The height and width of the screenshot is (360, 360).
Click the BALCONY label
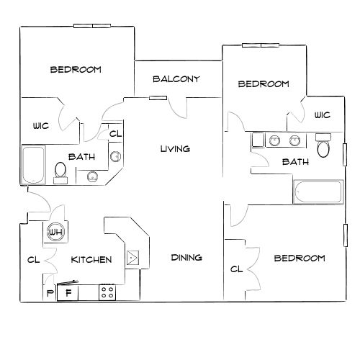(x=176, y=79)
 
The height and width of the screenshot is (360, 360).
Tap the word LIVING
(x=175, y=149)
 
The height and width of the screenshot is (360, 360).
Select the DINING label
(x=186, y=258)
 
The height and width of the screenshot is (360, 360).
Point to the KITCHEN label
(x=91, y=259)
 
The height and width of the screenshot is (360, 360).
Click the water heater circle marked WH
(x=55, y=232)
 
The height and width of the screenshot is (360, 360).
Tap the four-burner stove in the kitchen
(x=107, y=292)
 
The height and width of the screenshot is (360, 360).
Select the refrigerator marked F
(x=68, y=292)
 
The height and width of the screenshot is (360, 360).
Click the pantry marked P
(x=50, y=293)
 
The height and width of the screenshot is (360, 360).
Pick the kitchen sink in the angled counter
(x=132, y=258)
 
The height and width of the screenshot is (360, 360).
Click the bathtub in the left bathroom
(x=33, y=165)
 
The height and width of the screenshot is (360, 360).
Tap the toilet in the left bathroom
(x=60, y=173)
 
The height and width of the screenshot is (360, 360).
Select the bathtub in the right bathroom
(x=318, y=192)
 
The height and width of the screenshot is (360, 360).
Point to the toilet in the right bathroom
(x=323, y=145)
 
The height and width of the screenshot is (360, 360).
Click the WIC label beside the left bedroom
(x=41, y=126)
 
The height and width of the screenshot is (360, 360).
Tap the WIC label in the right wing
(x=323, y=115)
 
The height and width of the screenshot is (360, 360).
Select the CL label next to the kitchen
(x=33, y=260)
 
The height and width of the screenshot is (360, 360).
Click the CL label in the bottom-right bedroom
(x=236, y=269)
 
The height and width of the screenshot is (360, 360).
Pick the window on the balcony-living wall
(x=158, y=98)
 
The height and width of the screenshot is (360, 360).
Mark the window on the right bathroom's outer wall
(x=345, y=155)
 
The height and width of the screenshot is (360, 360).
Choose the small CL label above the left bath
(x=116, y=134)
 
